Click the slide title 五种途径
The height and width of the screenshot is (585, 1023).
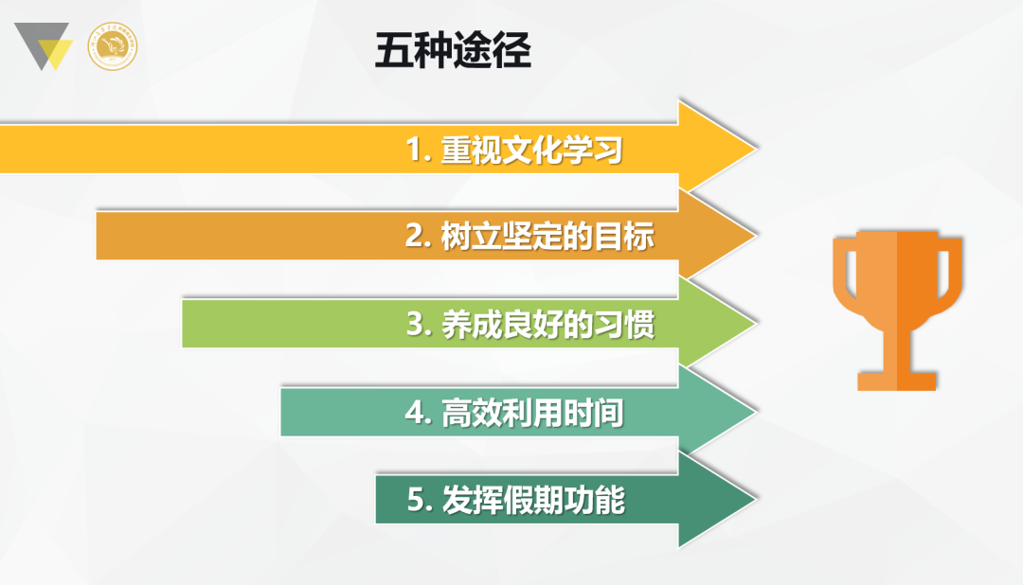click(453, 50)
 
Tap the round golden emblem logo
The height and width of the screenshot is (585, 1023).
click(112, 46)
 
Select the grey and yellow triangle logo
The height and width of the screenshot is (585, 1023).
click(43, 46)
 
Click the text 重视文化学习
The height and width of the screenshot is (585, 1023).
click(531, 150)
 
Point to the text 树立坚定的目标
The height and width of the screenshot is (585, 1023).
click(547, 236)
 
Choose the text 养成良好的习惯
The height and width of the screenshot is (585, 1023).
click(548, 324)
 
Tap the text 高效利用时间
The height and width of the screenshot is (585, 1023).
click(532, 412)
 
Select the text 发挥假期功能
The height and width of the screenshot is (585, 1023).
click(533, 500)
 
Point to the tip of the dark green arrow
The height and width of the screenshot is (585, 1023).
click(756, 500)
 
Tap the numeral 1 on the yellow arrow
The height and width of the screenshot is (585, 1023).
click(414, 150)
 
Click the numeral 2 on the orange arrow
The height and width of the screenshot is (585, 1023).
click(415, 236)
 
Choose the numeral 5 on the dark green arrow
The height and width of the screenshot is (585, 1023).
click(416, 500)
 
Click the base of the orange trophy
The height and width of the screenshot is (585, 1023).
click(897, 381)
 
